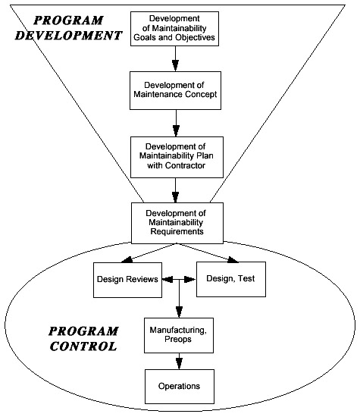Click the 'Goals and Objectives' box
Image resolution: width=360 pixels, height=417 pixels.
174,29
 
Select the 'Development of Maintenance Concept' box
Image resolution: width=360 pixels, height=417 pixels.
176,90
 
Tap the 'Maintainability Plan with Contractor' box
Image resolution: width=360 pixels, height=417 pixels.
177,157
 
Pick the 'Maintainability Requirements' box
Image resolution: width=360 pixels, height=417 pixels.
177,223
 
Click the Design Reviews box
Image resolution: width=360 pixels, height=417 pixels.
127,280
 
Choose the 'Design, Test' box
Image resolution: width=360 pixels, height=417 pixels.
231,279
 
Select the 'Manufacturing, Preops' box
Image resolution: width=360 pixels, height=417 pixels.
179,335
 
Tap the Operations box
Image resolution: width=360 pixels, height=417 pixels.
180,387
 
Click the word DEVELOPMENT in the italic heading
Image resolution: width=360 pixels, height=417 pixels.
69,36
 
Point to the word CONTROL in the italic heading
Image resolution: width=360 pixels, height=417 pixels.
83,346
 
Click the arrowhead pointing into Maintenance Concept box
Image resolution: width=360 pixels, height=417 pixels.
175,65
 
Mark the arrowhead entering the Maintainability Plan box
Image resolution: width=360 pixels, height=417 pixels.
176,131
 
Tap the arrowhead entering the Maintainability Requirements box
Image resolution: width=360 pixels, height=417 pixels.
175,197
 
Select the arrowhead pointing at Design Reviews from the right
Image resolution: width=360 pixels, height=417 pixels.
167,280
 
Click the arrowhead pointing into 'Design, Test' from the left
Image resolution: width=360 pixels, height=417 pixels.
190,280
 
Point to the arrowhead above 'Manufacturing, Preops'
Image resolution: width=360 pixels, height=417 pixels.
179,312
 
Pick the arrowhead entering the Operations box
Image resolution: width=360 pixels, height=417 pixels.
179,363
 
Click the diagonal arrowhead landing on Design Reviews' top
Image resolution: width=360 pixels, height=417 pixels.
127,260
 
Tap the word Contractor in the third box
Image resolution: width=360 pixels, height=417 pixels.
186,165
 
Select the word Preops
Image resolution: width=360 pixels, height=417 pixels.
178,340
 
